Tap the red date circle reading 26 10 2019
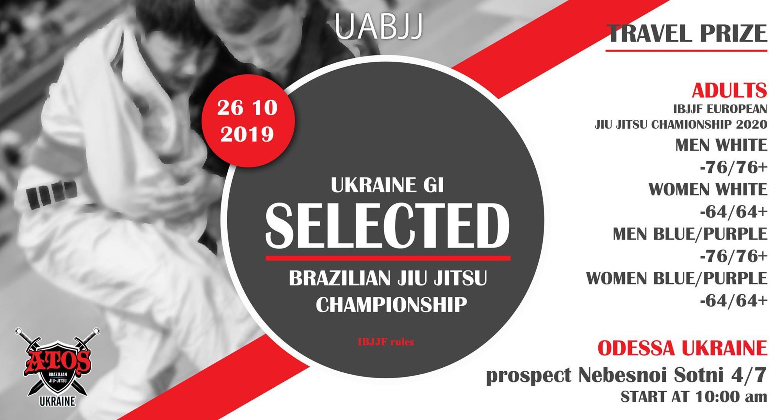coord(247,121)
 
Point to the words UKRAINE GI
coord(387,185)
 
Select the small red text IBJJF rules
coord(386,342)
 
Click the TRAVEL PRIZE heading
coord(687,33)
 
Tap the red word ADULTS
coord(729,90)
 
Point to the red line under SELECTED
coord(388,258)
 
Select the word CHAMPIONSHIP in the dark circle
coord(391,305)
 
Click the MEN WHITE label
coord(721,145)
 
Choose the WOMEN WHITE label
coord(708,190)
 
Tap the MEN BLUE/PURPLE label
coord(690,234)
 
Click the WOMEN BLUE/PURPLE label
coord(677,278)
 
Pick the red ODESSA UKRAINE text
coord(683,348)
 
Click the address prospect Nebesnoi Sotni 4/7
coord(626,375)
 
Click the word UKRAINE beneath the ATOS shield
coord(57,401)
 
